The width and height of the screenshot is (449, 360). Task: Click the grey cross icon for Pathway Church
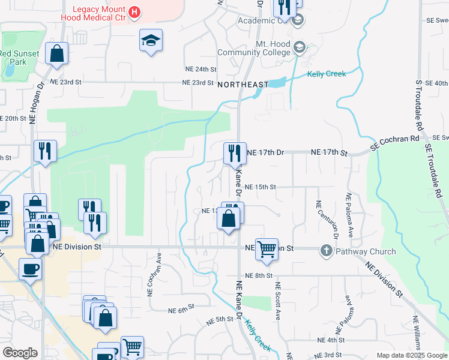(327, 250)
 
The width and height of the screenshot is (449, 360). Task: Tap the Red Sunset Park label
(19, 58)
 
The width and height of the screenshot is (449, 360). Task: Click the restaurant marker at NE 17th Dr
(235, 153)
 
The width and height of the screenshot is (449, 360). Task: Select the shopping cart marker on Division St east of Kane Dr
(266, 248)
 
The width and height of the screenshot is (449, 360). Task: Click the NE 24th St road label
(200, 70)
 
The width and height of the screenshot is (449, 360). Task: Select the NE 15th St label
(260, 187)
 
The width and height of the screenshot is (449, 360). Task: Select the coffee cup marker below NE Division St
(30, 269)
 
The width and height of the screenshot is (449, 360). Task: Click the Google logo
(20, 353)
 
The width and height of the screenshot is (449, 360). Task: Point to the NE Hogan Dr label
(33, 103)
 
